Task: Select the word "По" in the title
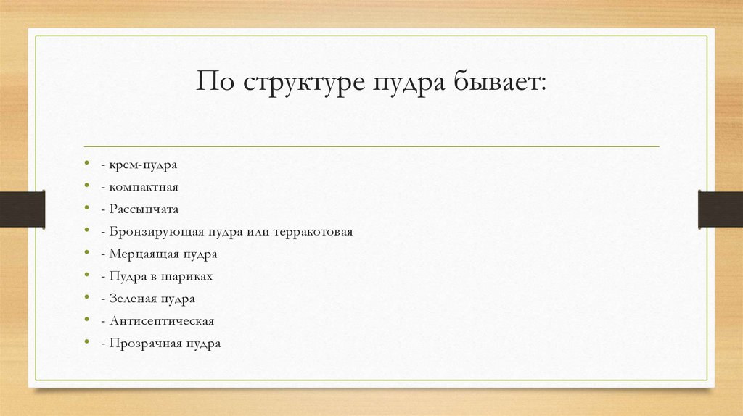click(x=216, y=81)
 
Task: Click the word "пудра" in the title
click(x=410, y=81)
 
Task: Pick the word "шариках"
click(x=189, y=276)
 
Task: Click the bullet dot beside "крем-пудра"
click(x=86, y=165)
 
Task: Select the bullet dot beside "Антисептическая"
click(x=86, y=320)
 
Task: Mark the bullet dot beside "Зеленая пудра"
click(x=86, y=298)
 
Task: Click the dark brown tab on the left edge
click(x=22, y=209)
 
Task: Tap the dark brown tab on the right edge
click(x=721, y=209)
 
